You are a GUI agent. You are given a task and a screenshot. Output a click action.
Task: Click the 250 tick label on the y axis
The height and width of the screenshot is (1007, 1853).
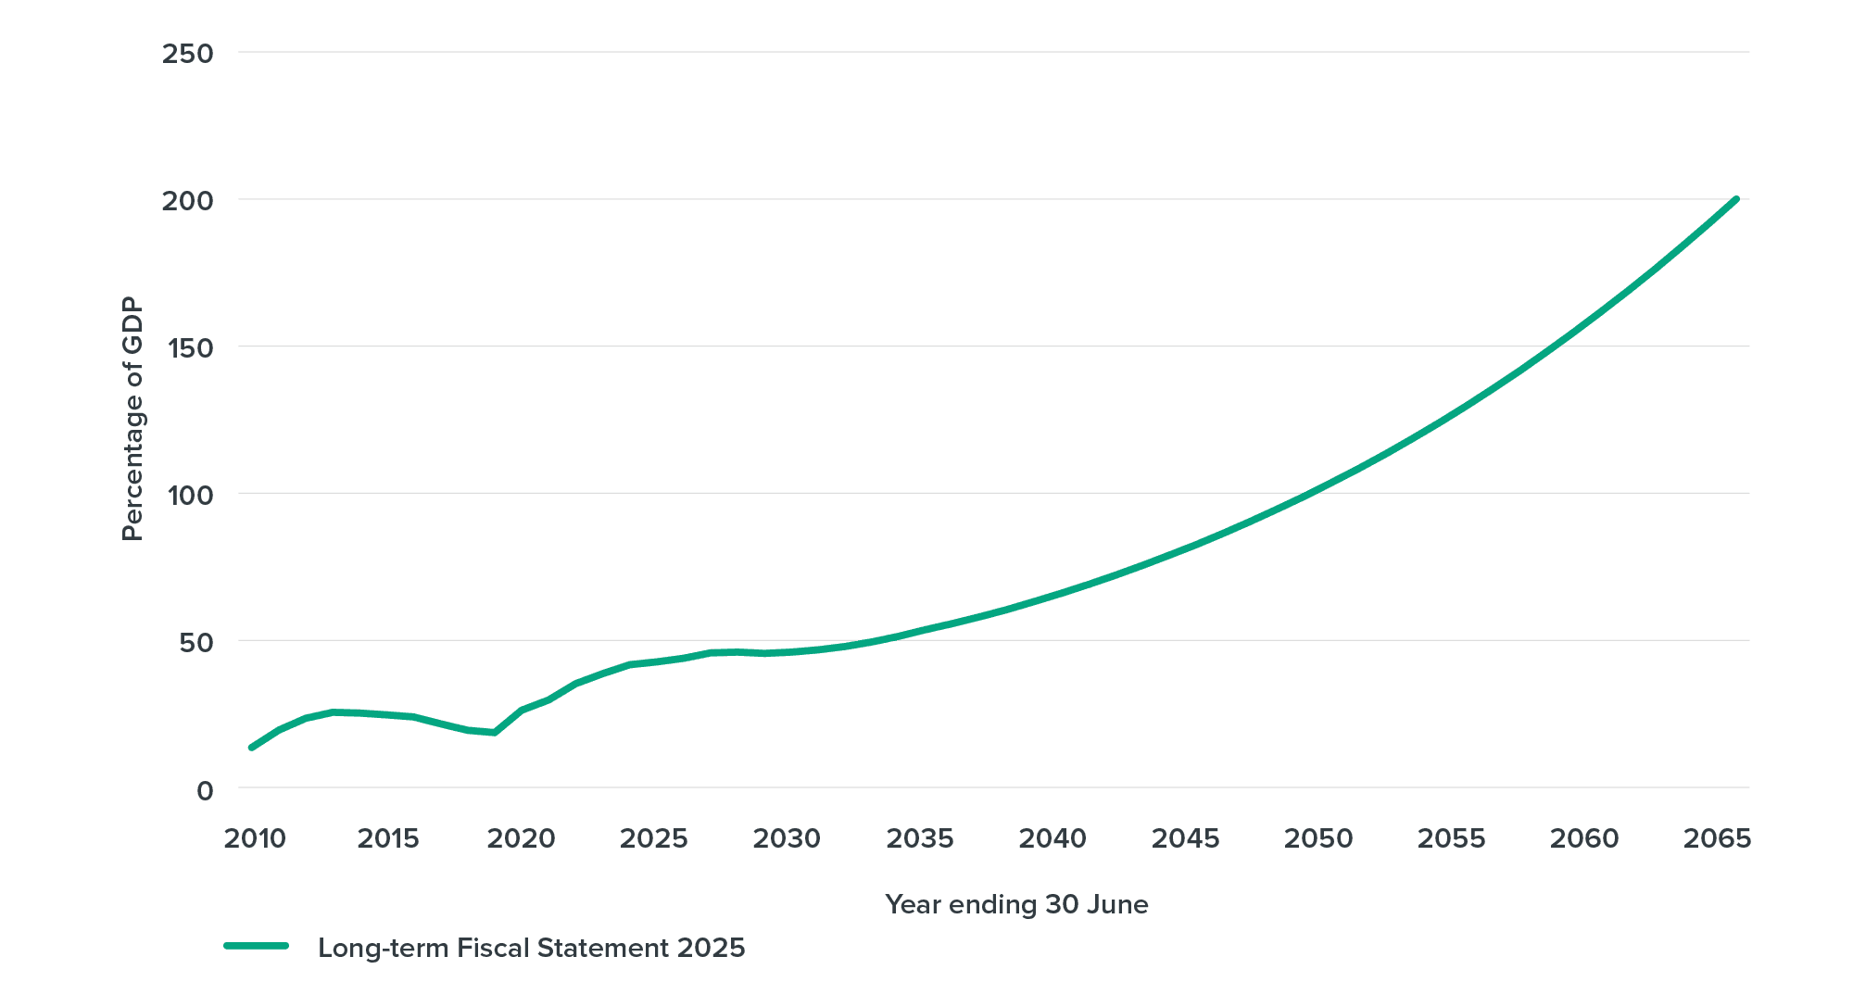187,54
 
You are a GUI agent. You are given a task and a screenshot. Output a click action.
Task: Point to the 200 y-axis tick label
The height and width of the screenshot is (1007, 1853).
187,201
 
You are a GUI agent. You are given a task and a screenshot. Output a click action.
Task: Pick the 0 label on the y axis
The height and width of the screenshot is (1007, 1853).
205,790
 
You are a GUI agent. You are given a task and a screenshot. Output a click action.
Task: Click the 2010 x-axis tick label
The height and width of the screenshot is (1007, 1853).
255,839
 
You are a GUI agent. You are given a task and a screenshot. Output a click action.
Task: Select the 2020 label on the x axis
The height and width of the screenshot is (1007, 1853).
521,839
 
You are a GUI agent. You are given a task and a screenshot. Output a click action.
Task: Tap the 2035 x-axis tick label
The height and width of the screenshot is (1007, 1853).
919,839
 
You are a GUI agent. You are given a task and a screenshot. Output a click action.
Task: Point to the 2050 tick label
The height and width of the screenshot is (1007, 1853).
1318,839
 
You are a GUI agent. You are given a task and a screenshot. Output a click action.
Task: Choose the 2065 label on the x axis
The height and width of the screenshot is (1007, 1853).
1717,839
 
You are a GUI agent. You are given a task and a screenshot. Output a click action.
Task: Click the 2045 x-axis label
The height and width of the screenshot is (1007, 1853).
1185,839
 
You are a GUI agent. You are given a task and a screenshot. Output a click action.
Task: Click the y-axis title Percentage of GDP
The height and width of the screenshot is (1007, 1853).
133,419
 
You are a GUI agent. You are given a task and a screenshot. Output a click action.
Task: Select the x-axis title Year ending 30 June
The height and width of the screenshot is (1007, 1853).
1016,904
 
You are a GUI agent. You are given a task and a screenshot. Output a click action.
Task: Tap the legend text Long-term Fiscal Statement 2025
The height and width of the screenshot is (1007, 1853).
531,949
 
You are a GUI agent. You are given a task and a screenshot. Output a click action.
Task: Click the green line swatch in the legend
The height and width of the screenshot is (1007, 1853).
257,947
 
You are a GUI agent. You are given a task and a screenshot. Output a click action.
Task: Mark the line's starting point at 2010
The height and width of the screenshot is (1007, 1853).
251,748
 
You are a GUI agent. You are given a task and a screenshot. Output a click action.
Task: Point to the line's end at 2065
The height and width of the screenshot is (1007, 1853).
1735,197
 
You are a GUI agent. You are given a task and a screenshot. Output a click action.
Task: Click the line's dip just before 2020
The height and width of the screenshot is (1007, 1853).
491,733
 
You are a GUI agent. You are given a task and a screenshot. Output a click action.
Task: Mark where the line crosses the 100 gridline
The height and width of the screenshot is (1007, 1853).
1307,493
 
